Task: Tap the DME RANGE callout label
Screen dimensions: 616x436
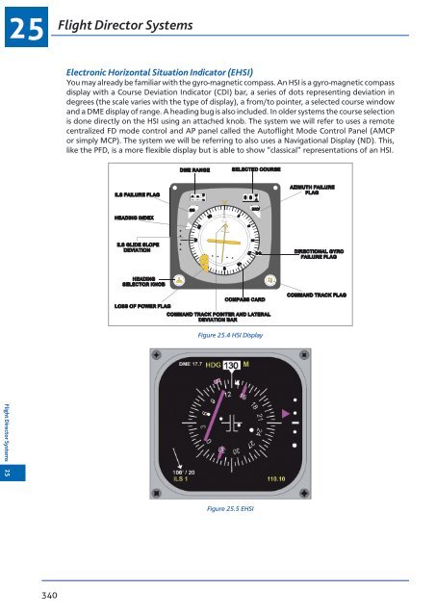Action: [194, 170]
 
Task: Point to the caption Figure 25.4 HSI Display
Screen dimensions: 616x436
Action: [228, 335]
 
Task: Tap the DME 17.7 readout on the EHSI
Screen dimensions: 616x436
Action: [189, 365]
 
